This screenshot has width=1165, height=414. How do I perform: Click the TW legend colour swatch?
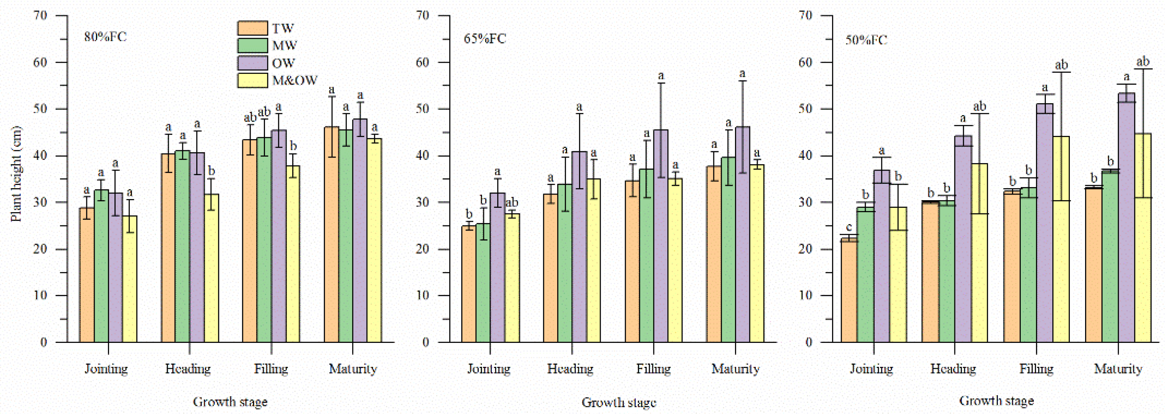coord(252,28)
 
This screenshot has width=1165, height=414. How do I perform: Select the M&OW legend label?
coord(295,80)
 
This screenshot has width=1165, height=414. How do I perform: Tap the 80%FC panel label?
coord(106,37)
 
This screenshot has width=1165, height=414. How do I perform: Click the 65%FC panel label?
coord(484,38)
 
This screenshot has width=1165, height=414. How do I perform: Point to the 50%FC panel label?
coord(866,40)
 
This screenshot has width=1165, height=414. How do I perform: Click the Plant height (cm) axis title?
coord(16,174)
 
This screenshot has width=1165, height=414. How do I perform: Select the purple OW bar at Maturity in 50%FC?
coord(1126,217)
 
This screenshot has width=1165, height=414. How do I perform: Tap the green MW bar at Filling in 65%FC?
coord(647,255)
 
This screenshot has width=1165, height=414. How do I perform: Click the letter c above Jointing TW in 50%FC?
coord(849,227)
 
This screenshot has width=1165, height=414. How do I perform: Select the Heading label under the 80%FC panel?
coord(188,369)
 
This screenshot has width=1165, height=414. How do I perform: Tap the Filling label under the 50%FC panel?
coord(1036,369)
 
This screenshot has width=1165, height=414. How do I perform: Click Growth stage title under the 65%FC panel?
coord(618,402)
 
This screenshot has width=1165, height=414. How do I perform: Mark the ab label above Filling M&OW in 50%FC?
coord(1061,65)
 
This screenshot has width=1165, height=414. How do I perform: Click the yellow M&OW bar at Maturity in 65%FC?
coord(757,253)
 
